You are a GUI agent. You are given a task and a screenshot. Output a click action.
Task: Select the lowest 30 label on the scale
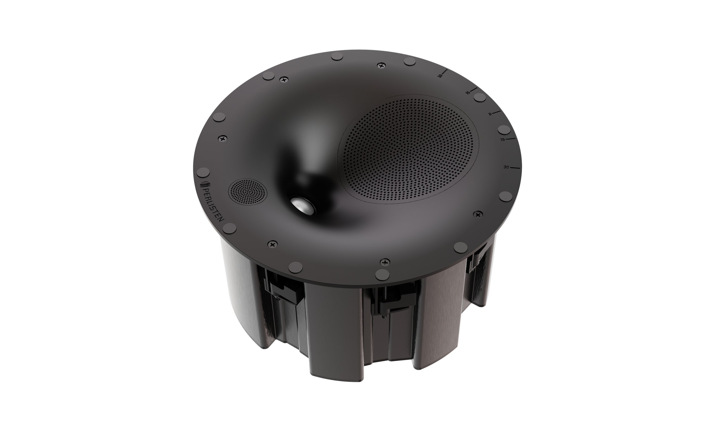point(506,167)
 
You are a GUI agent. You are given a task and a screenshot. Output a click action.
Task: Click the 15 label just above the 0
point(468,92)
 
